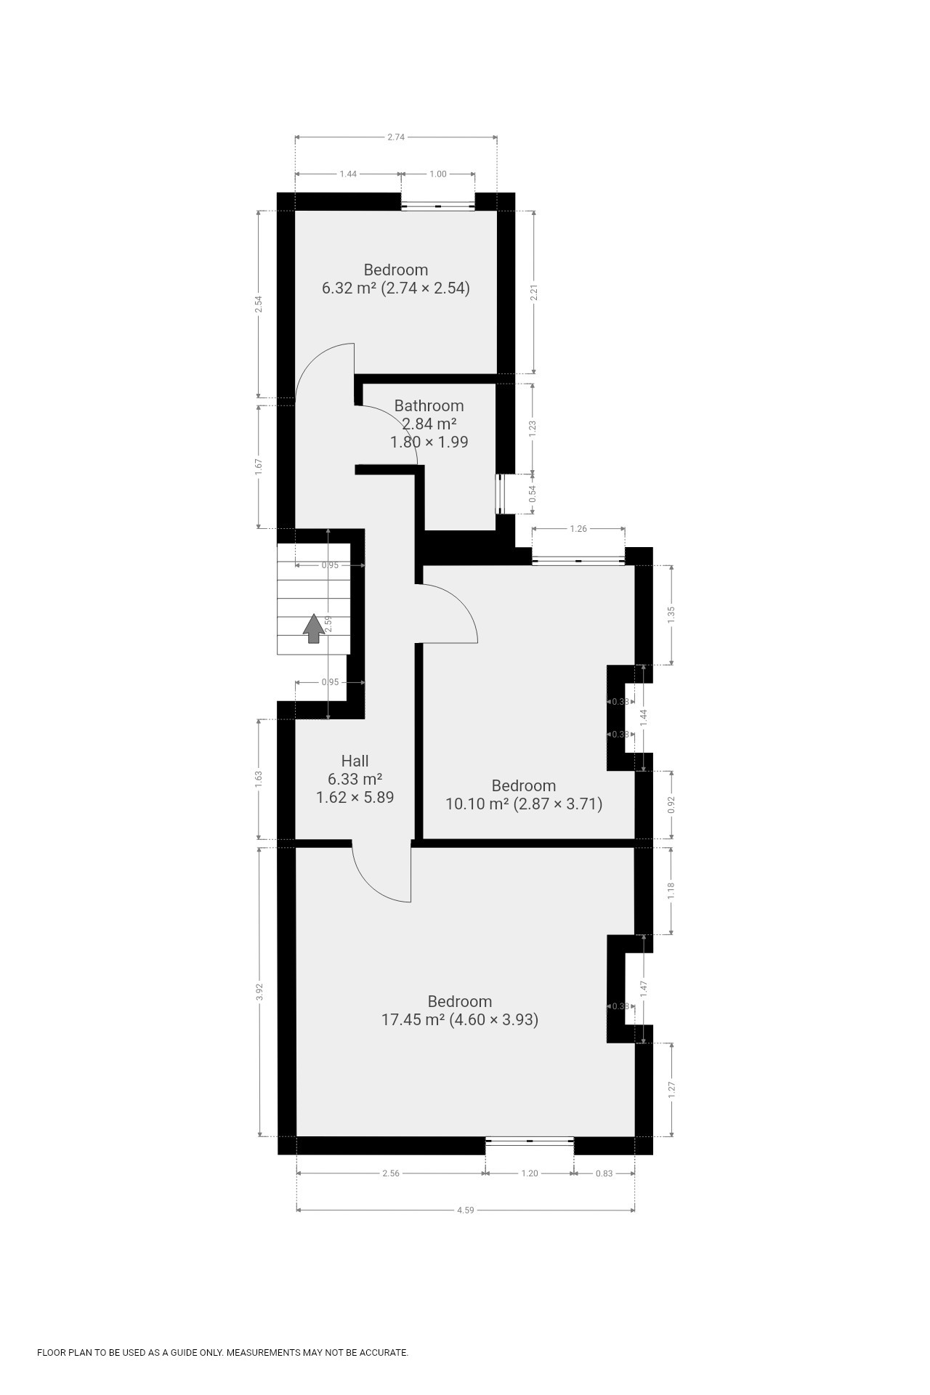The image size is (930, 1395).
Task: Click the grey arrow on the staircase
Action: coord(314,628)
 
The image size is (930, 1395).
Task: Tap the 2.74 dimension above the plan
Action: coord(396,137)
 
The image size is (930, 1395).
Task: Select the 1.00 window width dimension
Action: coord(438,174)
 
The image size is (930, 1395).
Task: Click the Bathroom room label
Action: coord(429,405)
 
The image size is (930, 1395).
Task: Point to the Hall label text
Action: coord(355,761)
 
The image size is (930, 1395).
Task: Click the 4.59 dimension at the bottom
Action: coord(466,1210)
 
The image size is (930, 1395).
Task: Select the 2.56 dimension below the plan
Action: coord(391,1173)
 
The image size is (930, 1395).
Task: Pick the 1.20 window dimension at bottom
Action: coord(530,1173)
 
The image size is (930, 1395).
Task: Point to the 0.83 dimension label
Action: coord(604,1173)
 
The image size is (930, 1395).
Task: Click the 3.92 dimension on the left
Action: coord(259,992)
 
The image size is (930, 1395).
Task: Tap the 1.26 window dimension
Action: coord(578,529)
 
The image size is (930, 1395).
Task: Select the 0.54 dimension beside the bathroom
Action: coord(533,494)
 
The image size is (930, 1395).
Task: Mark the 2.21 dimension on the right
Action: coord(534,293)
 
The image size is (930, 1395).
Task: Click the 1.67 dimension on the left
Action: coord(259,466)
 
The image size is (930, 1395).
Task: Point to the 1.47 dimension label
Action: coord(644,989)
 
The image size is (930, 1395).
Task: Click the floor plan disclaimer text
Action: coord(222,1352)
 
